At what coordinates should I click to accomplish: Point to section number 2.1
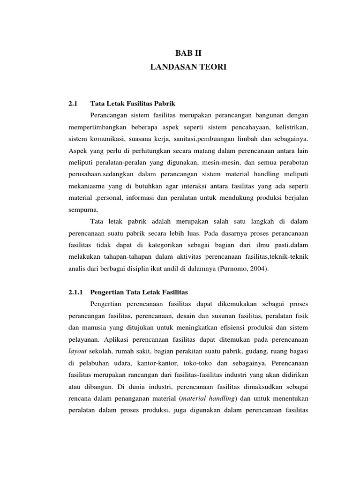pos(72,103)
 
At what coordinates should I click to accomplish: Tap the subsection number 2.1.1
pos(75,292)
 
